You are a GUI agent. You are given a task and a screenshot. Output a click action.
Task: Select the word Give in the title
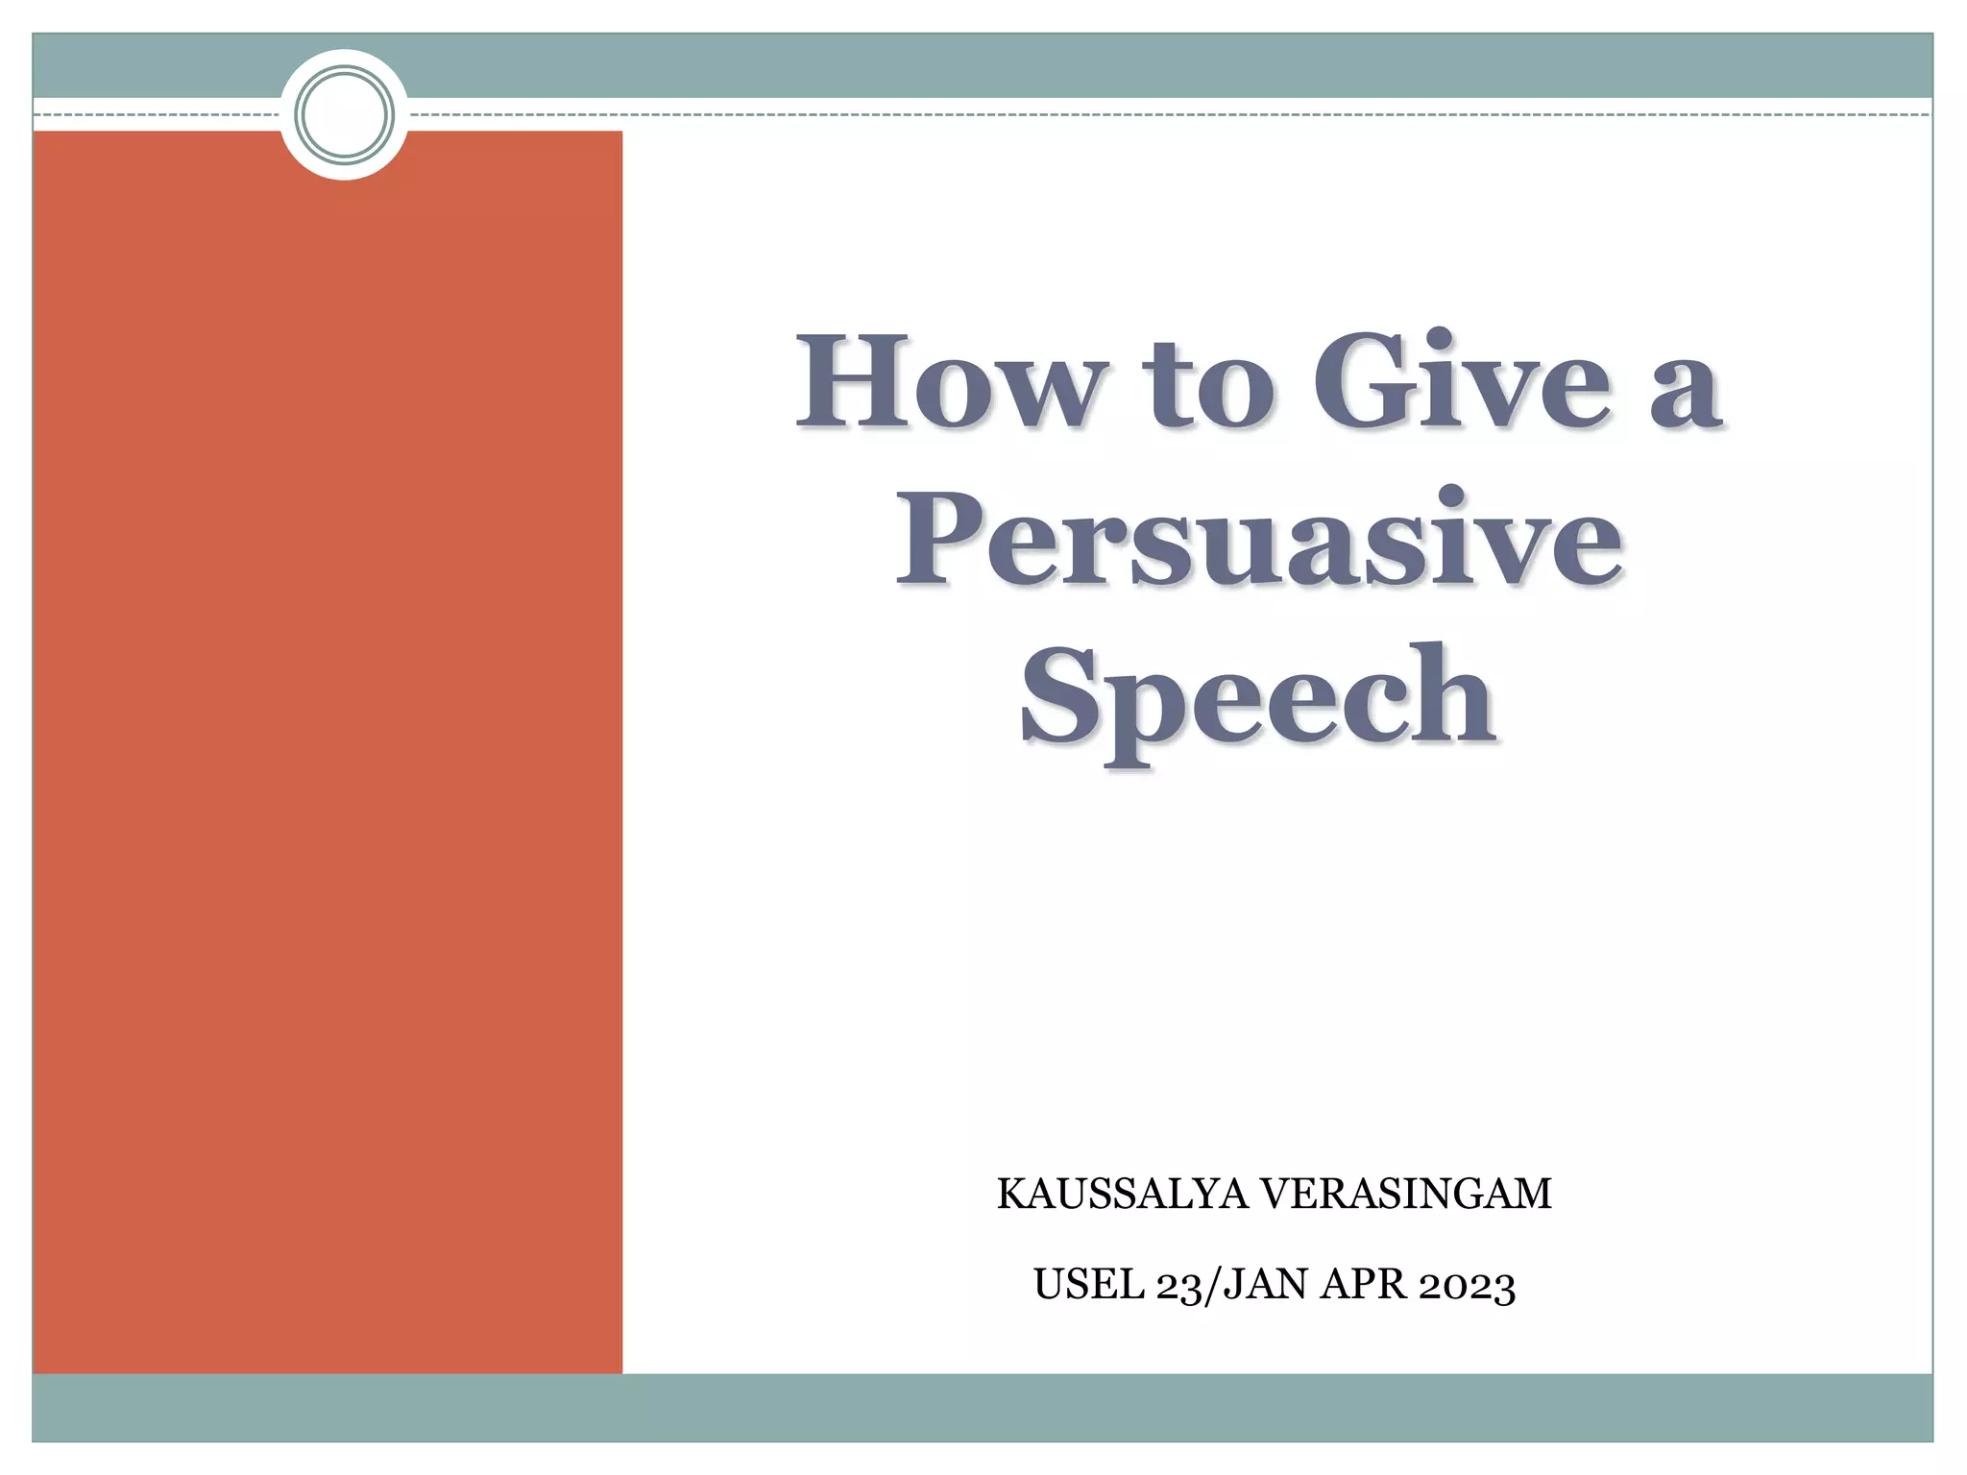1461,381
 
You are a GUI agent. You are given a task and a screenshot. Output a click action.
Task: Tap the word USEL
1088,1285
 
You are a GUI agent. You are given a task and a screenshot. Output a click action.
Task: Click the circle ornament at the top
345,114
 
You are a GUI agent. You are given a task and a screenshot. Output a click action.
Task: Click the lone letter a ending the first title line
1686,394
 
